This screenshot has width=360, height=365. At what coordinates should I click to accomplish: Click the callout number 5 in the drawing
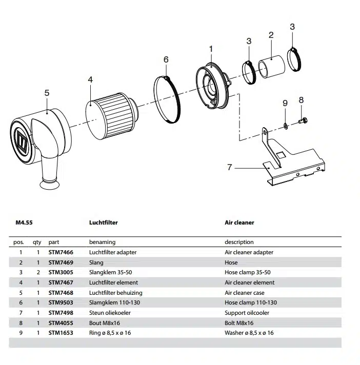pos(47,93)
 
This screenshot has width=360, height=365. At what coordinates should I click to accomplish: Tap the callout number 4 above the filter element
pos(90,79)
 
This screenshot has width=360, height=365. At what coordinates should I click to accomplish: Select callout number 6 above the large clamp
pos(166,59)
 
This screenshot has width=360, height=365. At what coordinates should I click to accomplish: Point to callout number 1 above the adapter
pos(211,48)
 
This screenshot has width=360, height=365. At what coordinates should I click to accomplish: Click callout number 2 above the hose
pos(271,35)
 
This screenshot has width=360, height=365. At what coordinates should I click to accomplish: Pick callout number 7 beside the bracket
pos(230,167)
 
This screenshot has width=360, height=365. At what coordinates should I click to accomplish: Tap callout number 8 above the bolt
pos(301,100)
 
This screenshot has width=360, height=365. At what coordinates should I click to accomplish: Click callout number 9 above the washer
pos(285,103)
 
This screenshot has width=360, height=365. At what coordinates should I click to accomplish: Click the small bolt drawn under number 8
pos(302,121)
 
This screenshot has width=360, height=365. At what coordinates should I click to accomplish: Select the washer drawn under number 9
pos(286,126)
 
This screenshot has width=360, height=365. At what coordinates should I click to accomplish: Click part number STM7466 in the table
pos(61,252)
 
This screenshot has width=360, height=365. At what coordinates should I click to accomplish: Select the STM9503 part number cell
pos(61,302)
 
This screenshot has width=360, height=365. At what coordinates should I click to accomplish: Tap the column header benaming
pos(102,242)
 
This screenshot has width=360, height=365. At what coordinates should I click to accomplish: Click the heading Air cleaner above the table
pos(239,223)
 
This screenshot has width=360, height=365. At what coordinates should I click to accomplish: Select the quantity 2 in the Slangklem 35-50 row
pos(37,272)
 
